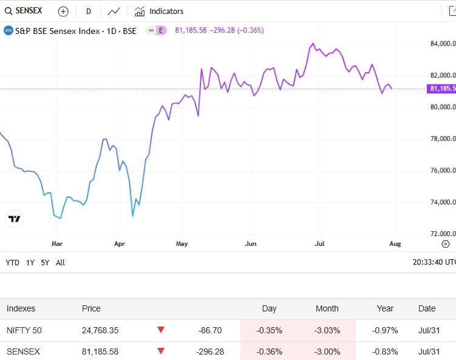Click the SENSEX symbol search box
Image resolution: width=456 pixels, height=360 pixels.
point(24,11)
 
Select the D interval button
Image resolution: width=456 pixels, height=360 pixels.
point(89,11)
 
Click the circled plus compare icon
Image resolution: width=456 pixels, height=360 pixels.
point(63,11)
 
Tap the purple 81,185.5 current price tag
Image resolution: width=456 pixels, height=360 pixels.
point(442,89)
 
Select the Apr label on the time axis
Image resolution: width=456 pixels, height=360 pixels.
point(120,243)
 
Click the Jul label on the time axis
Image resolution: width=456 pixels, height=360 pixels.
point(320,243)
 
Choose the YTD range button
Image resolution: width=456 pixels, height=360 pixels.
point(12,263)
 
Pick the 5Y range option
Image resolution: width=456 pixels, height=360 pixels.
point(46,263)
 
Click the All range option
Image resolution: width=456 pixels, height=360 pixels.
point(60,263)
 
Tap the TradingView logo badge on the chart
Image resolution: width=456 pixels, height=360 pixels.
point(15,219)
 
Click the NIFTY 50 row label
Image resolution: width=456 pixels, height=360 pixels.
point(24,330)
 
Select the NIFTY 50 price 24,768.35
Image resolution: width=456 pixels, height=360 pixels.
point(100,330)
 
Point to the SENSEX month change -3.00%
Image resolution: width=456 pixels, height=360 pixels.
point(327,352)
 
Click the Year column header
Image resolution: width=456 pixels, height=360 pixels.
point(385,308)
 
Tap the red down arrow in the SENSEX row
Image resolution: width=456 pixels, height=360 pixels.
point(161,351)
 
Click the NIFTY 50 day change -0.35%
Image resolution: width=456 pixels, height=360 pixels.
point(269,330)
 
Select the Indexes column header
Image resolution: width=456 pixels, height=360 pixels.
point(21,308)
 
